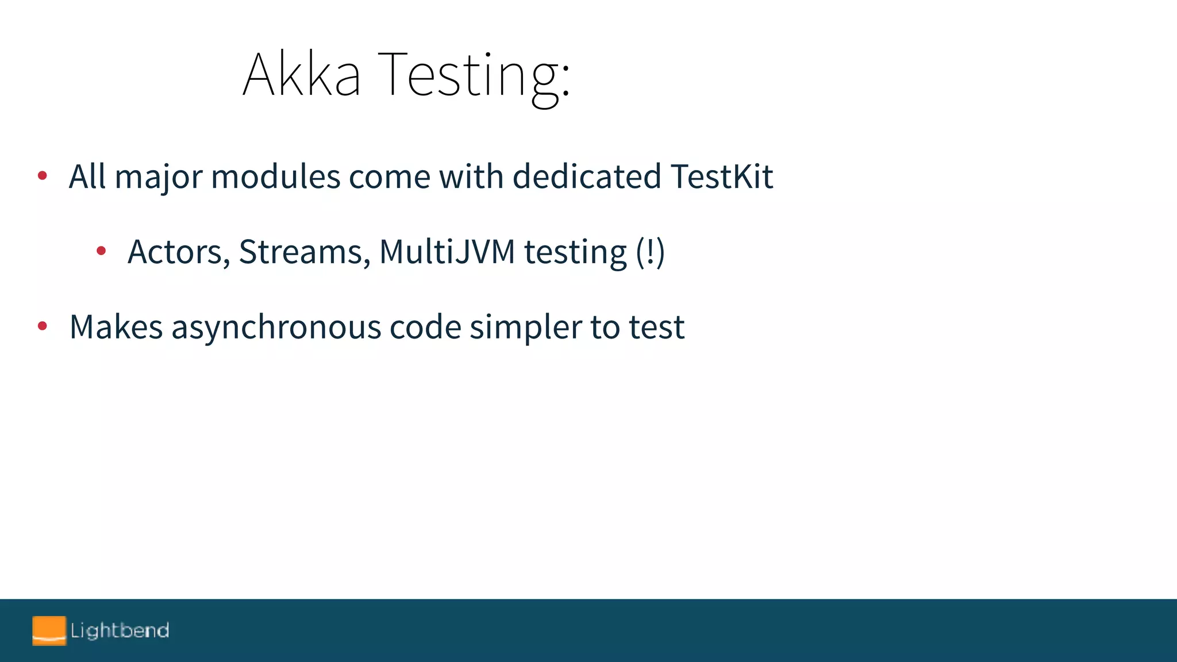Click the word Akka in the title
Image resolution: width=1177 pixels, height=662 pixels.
[302, 75]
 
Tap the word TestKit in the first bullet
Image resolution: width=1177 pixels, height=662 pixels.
[721, 176]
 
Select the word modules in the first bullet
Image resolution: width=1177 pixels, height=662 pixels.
[275, 176]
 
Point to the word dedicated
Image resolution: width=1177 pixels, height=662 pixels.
[586, 176]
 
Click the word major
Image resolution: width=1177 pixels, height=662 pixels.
[159, 178]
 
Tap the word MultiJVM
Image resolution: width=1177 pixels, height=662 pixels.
[447, 252]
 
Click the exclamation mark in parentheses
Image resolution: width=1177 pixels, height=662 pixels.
[651, 252]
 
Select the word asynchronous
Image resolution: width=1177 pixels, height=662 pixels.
[276, 328]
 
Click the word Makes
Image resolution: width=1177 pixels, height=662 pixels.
[116, 327]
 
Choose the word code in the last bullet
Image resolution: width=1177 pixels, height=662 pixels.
[425, 327]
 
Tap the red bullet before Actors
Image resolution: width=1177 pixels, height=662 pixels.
[101, 251]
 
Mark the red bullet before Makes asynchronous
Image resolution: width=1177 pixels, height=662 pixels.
[42, 326]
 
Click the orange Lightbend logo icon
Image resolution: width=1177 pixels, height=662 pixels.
[49, 630]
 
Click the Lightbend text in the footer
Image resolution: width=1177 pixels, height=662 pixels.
[120, 631]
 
